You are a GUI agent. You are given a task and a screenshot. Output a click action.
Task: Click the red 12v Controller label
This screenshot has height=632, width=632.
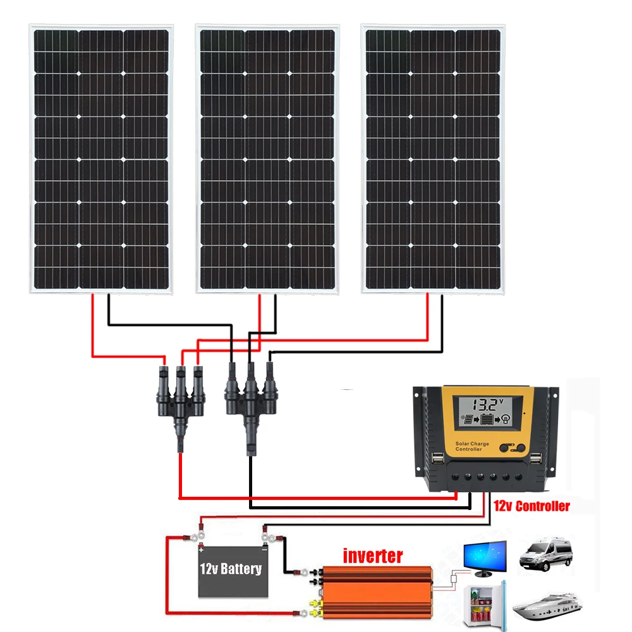pos(532,506)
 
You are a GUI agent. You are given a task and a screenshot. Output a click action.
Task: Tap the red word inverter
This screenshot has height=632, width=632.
pos(372,556)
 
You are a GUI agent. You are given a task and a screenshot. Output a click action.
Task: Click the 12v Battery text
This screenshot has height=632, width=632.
pos(230,569)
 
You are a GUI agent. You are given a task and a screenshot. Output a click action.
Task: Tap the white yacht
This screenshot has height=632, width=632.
pos(545,606)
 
